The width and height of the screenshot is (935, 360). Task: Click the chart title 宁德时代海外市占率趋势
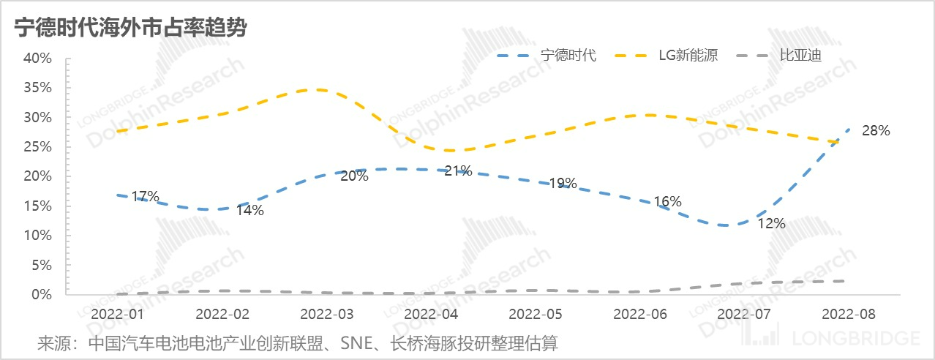point(130,29)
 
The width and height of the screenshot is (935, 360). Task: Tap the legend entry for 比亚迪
point(800,56)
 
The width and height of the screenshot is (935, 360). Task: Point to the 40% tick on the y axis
point(38,58)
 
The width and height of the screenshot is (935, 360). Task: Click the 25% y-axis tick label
point(38,146)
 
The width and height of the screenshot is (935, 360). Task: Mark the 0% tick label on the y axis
point(42,294)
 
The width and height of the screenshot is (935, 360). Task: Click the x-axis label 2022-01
point(117,313)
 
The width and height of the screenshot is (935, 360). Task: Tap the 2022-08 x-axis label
point(849,313)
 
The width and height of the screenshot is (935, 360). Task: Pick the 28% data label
point(875,131)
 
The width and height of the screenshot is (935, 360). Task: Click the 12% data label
point(771,224)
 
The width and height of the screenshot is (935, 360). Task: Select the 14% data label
point(249,211)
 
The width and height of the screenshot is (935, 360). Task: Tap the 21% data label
point(458,171)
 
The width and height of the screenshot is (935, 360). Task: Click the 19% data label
point(563,183)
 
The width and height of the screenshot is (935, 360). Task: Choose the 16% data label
point(667,201)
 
